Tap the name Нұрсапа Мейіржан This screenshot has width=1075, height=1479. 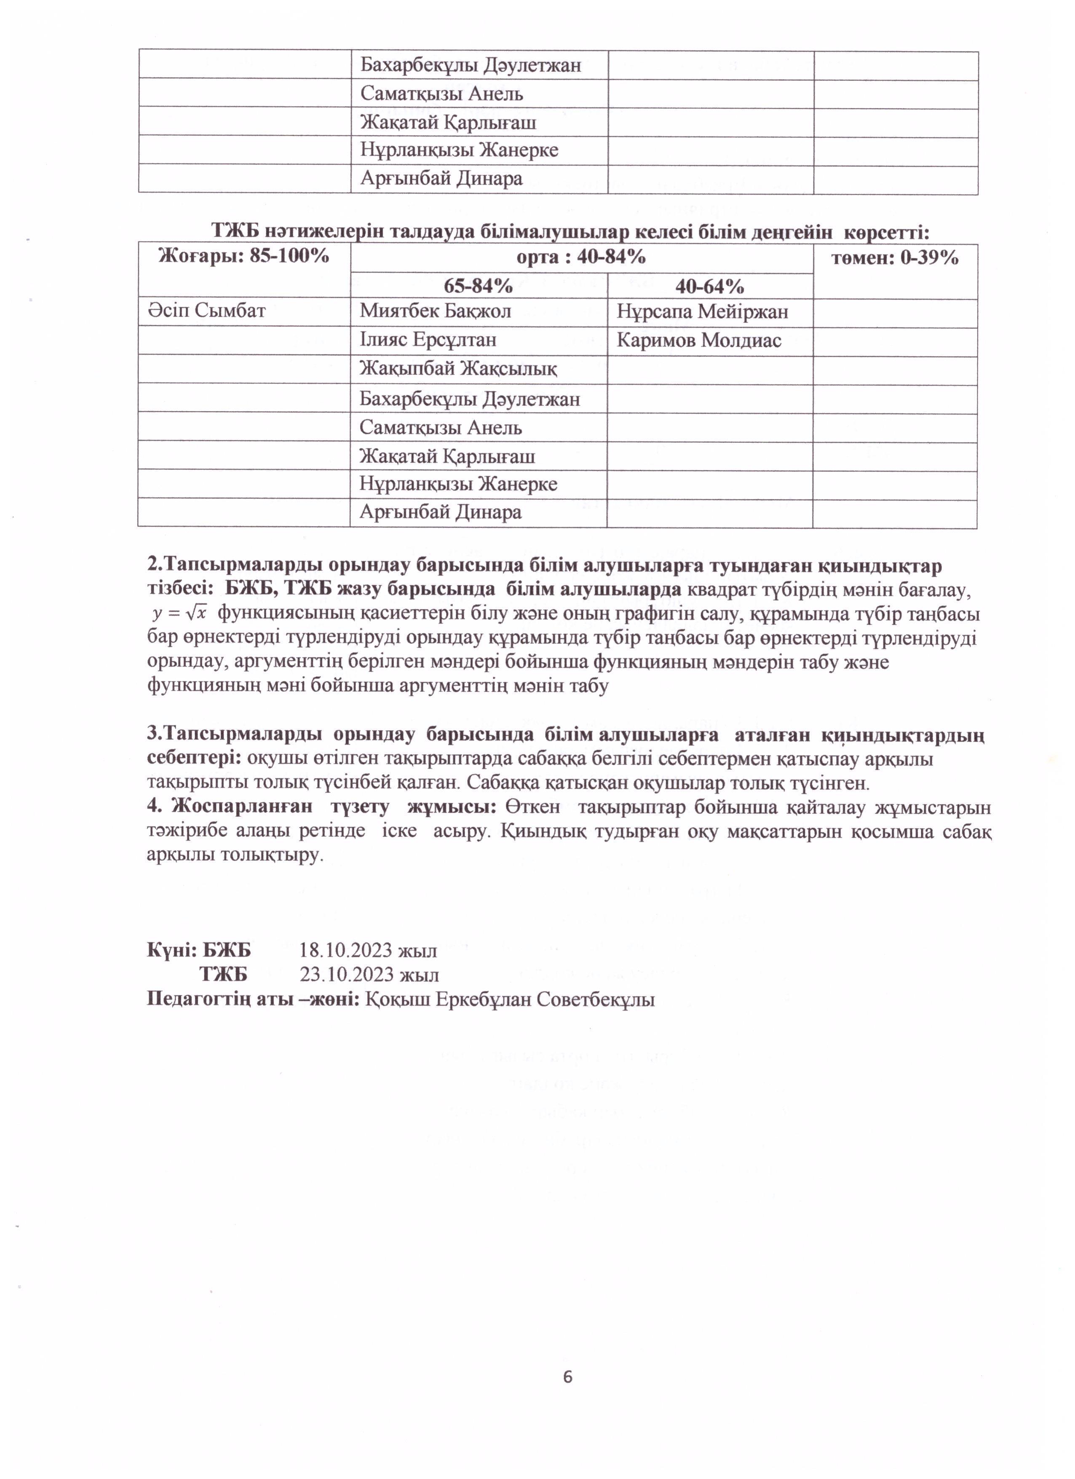702,312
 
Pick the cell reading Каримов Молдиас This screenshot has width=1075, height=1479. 698,340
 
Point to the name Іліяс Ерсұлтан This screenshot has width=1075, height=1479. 428,340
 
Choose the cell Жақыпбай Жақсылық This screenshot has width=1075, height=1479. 457,369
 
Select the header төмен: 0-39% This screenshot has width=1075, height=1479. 894,258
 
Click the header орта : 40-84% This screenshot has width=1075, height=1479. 581,257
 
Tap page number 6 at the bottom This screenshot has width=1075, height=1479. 567,1377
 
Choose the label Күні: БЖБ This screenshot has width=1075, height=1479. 199,950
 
